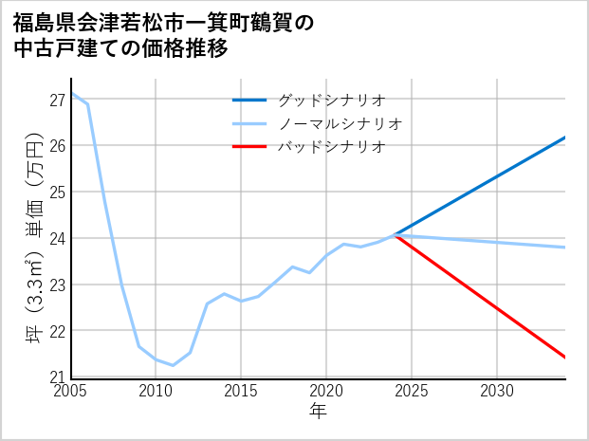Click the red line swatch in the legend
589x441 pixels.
(250, 147)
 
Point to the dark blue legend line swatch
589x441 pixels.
(250, 100)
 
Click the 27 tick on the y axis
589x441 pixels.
(57, 100)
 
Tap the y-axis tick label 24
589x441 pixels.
(57, 238)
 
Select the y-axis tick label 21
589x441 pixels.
(57, 377)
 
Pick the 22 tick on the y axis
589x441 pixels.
(57, 331)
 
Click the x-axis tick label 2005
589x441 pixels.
(72, 391)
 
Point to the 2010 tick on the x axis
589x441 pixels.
(156, 391)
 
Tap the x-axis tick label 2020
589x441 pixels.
(327, 391)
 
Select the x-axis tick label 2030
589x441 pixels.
(497, 391)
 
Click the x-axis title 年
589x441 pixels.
(319, 411)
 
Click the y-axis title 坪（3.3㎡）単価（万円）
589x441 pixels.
(34, 237)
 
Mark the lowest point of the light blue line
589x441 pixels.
(173, 365)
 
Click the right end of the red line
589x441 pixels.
(565, 358)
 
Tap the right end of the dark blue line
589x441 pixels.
(565, 138)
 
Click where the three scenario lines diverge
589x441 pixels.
(395, 235)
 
